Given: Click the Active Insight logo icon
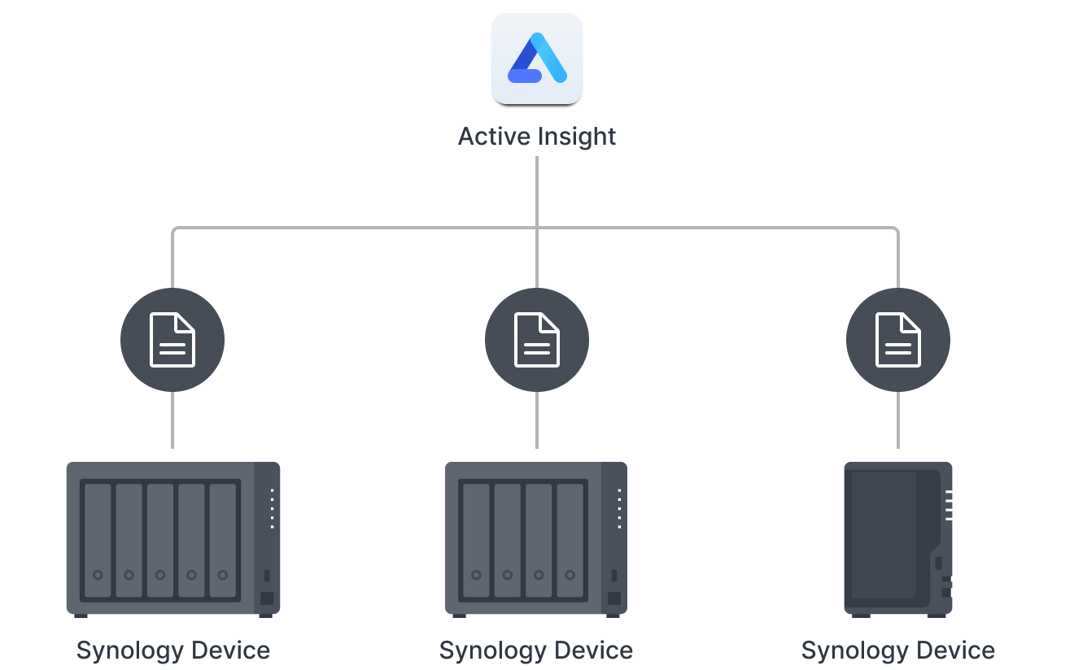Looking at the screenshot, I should (537, 59).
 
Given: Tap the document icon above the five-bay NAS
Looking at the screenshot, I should (172, 340).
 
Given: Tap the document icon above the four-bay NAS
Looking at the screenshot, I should (537, 340).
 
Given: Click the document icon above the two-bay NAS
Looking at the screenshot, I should (898, 340).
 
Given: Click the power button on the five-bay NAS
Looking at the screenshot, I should (267, 599).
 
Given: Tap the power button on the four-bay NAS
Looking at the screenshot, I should (614, 599).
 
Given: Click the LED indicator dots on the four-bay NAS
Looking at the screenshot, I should (619, 509).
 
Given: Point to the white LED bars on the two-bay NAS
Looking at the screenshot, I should (949, 505).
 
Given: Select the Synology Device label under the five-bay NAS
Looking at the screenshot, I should (172, 650).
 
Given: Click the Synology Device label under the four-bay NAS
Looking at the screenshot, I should (536, 650).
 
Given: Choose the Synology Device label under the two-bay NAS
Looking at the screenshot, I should (898, 650).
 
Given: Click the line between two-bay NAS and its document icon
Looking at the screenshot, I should (898, 420).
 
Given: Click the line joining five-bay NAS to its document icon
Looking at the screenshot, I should (172, 420).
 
